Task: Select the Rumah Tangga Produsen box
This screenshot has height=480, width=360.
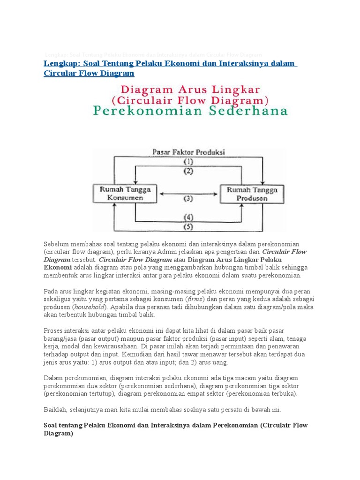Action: [252, 194]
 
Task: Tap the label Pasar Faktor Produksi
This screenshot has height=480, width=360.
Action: [188, 152]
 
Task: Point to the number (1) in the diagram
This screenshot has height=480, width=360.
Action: [188, 162]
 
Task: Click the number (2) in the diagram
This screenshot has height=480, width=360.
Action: [188, 171]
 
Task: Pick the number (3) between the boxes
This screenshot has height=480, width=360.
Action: [188, 198]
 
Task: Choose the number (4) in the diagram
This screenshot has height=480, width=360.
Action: [188, 217]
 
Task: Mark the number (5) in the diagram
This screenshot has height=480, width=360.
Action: [188, 227]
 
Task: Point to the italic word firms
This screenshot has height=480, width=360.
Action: [194, 299]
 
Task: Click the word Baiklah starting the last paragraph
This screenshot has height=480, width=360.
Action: [55, 409]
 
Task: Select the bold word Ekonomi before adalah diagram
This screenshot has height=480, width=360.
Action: [57, 267]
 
